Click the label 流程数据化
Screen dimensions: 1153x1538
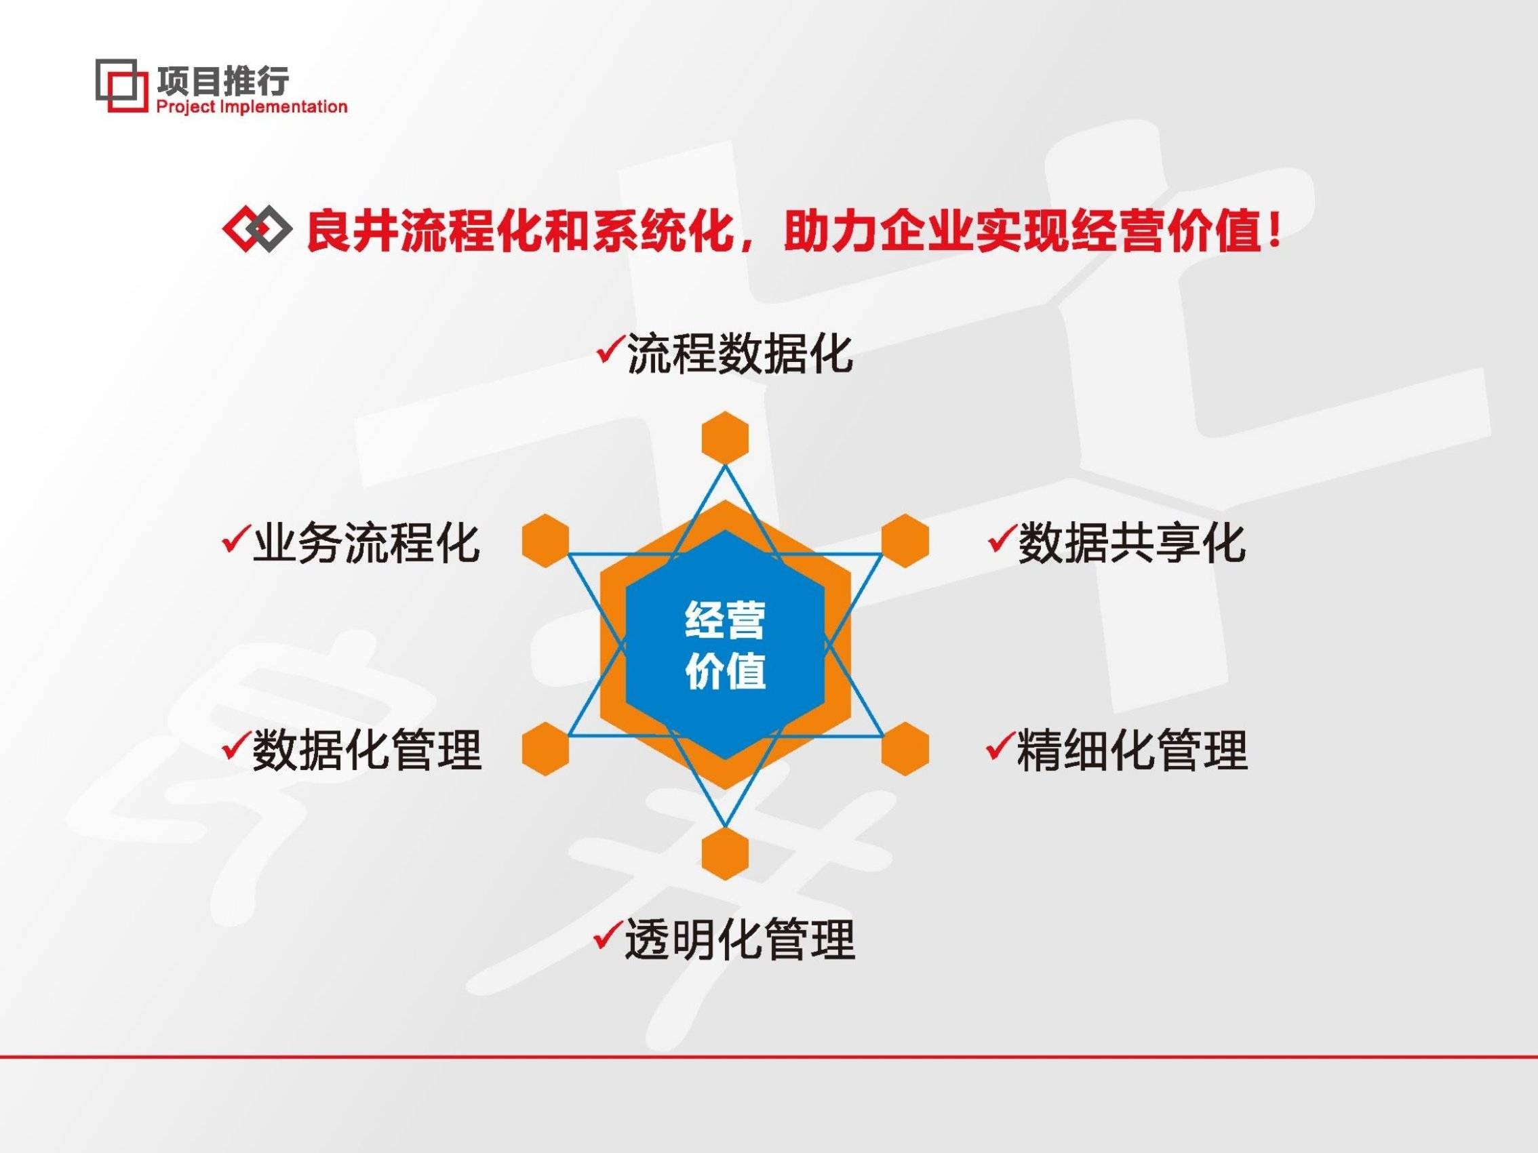coord(739,354)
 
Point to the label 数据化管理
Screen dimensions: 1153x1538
coord(366,750)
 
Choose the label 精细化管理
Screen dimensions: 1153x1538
coord(1132,750)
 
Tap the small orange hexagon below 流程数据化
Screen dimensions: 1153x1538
coord(725,437)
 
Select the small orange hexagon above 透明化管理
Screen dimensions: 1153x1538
coord(725,854)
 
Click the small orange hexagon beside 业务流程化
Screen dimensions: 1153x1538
coord(545,541)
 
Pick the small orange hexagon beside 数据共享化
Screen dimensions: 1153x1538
coord(905,541)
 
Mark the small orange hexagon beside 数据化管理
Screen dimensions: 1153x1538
coord(545,748)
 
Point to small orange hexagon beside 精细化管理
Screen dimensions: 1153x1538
coord(905,748)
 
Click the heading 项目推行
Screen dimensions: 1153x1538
coord(222,81)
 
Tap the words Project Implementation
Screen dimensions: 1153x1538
coord(251,107)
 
